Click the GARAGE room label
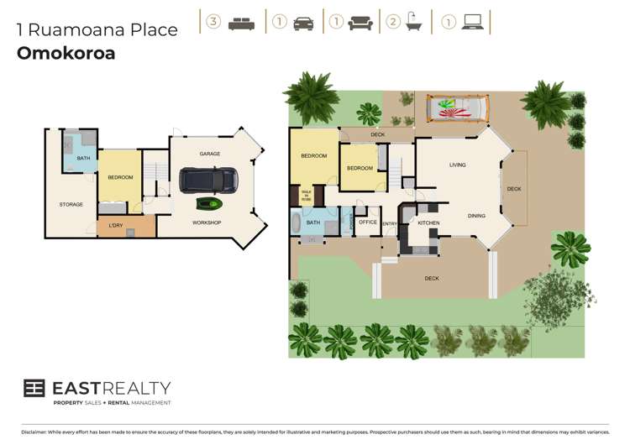[x=209, y=154]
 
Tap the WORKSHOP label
[x=207, y=222]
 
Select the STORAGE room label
[x=71, y=204]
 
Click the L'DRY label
[x=116, y=225]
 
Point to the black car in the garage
[x=207, y=179]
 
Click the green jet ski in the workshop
[x=211, y=203]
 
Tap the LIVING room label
[x=457, y=165]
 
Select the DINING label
[x=476, y=216]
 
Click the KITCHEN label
[x=428, y=222]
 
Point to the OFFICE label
[x=368, y=222]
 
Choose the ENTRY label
[x=390, y=223]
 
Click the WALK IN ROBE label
[x=306, y=195]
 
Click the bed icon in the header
[x=241, y=23]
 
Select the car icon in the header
[x=303, y=23]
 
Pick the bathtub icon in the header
[x=413, y=23]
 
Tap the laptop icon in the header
[x=472, y=23]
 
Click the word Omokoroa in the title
[x=66, y=54]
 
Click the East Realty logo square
[x=34, y=388]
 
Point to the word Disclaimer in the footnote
[x=34, y=432]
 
